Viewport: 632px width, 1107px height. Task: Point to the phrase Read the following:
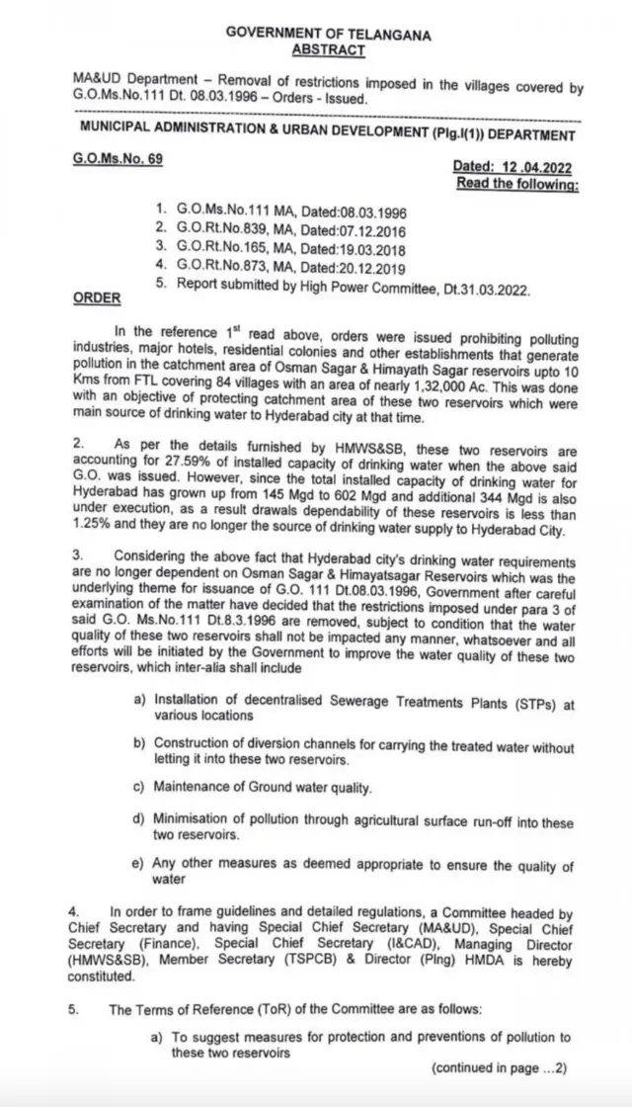516,184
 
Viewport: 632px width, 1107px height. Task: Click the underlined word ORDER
96,299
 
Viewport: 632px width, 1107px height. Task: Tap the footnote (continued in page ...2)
499,1068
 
